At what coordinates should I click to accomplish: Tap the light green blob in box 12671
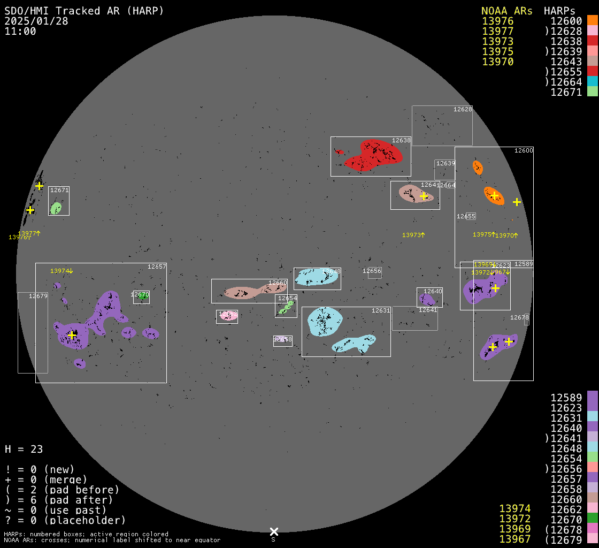56,208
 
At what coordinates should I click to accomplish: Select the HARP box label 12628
463,109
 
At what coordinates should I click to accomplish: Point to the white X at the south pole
274,531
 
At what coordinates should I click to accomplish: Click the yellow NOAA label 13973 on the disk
413,235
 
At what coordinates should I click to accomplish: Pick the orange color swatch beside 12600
592,21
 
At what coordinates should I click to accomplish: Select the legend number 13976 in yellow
497,21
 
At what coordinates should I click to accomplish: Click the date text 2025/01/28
36,21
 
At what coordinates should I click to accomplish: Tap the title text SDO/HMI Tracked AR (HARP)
84,11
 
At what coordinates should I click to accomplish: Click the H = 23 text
24,449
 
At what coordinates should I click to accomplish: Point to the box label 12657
157,267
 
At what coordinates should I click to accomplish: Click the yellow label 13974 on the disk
61,271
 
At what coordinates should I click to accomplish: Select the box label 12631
381,310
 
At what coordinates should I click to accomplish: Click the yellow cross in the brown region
424,196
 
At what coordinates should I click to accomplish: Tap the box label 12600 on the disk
524,150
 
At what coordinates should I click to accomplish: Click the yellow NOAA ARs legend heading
506,11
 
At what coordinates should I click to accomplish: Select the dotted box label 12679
39,296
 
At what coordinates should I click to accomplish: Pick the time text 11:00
20,32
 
